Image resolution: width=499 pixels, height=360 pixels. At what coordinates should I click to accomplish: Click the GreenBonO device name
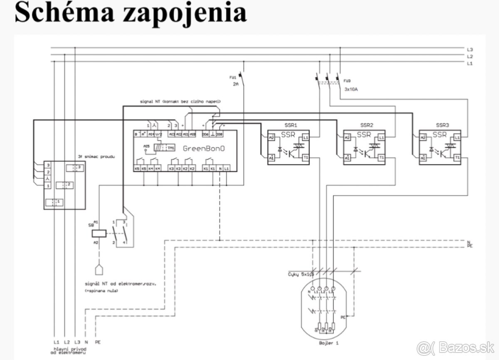pyautogui.click(x=204, y=149)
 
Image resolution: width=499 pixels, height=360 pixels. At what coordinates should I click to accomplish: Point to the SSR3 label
pyautogui.click(x=442, y=125)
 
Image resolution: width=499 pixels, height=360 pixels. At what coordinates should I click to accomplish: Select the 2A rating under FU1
pyautogui.click(x=236, y=84)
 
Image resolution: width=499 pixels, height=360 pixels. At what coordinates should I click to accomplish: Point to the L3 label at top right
pyautogui.click(x=470, y=49)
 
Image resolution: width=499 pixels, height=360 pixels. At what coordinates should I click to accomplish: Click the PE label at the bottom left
pyautogui.click(x=98, y=342)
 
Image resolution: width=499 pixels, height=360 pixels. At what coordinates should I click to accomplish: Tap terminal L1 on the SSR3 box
pyautogui.click(x=457, y=137)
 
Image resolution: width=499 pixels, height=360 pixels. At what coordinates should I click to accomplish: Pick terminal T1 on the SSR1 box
pyautogui.click(x=305, y=158)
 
